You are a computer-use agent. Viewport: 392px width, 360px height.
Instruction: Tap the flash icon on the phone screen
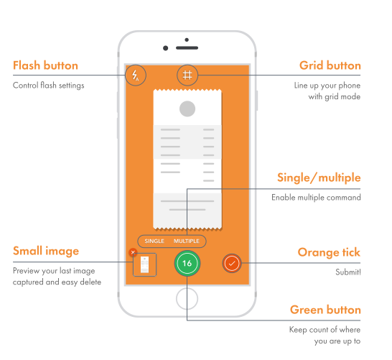click(136, 75)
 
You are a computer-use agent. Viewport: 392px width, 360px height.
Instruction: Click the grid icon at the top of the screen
click(187, 75)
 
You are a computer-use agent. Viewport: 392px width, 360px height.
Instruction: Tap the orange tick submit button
click(232, 263)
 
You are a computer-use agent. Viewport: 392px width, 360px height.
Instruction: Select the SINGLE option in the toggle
click(154, 241)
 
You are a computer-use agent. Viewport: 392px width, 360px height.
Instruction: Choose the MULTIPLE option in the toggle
click(187, 241)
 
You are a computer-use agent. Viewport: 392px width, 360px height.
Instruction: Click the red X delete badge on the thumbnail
click(133, 252)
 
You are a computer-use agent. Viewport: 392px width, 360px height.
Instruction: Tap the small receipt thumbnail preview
click(145, 264)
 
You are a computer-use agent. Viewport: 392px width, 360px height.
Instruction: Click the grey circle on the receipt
click(187, 109)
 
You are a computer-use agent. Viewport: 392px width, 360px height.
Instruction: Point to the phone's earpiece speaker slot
click(187, 47)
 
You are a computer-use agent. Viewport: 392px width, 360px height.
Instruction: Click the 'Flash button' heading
click(45, 65)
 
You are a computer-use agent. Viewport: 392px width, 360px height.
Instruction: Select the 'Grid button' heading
click(330, 65)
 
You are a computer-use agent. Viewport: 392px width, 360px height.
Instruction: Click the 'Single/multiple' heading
click(319, 178)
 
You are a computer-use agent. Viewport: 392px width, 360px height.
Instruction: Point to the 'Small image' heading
click(46, 251)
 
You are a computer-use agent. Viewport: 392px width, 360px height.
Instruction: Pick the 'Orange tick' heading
click(329, 252)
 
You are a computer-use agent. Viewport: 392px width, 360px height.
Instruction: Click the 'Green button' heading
click(325, 310)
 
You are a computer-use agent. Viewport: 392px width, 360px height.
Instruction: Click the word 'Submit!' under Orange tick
click(348, 272)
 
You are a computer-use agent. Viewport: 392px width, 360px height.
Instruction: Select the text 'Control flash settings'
click(49, 86)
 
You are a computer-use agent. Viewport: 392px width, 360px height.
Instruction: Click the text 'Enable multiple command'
click(316, 198)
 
